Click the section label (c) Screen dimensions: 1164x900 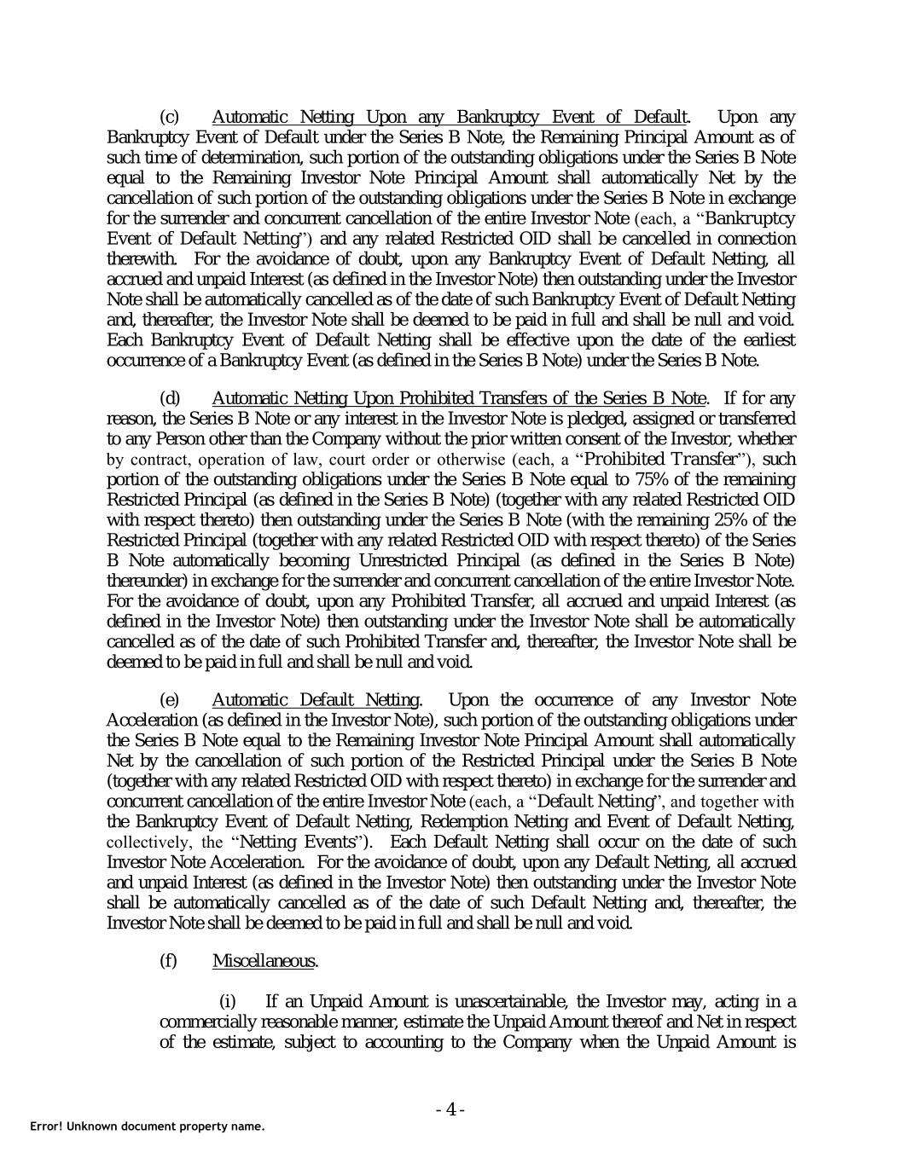[x=170, y=117]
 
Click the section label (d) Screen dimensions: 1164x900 [x=170, y=398]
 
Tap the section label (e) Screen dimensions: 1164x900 [x=170, y=700]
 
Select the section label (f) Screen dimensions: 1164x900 [x=168, y=961]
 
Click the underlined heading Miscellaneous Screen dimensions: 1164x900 [x=264, y=961]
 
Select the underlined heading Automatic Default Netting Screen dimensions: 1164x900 [x=315, y=700]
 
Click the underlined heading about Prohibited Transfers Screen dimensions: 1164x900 [x=458, y=398]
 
